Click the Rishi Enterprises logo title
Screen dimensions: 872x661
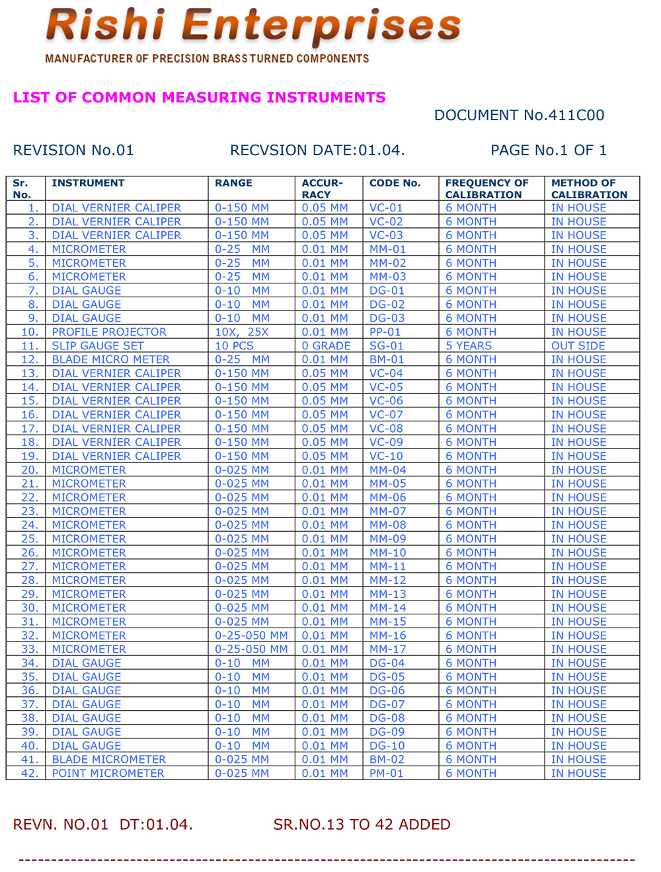[253, 26]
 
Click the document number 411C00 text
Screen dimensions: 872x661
[519, 116]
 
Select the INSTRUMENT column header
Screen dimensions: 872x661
[88, 183]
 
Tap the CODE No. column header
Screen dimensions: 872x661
[395, 183]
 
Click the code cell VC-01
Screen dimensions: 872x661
[386, 208]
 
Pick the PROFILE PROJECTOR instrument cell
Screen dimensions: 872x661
[109, 332]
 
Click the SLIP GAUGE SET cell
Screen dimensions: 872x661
[97, 346]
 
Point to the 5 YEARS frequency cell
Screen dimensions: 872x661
[468, 346]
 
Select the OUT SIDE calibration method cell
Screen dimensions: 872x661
[578, 346]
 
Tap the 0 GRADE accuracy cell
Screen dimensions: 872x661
[326, 346]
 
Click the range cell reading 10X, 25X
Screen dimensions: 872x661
[241, 332]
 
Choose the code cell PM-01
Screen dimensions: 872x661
[386, 774]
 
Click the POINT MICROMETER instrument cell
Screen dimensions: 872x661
[108, 774]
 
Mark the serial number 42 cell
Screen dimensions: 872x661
[30, 774]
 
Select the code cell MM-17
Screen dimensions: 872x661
[387, 649]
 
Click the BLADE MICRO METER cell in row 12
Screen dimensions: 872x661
[110, 360]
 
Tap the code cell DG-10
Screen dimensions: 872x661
[387, 746]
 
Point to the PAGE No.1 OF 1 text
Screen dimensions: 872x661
[548, 151]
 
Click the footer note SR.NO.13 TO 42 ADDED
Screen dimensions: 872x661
[362, 824]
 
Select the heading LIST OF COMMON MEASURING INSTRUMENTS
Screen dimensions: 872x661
[199, 98]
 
